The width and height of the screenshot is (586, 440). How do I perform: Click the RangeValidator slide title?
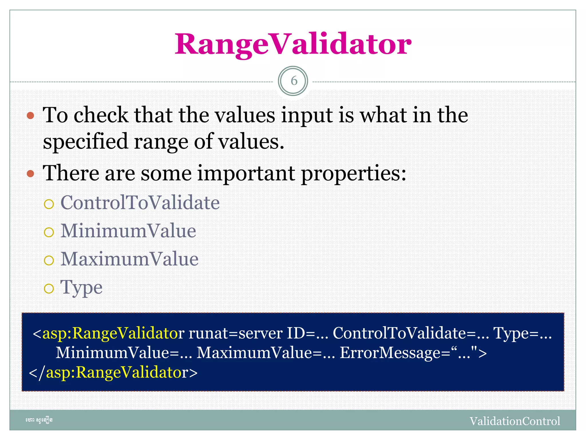[x=293, y=44]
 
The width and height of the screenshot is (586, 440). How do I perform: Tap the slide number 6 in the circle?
[x=293, y=81]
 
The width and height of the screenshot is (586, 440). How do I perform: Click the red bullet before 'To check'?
[x=30, y=116]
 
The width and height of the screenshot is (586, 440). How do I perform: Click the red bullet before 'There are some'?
[x=30, y=174]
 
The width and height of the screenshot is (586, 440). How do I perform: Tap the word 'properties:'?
[x=354, y=174]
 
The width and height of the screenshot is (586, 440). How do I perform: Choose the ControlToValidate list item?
[x=140, y=203]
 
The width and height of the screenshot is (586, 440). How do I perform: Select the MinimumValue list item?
[x=128, y=231]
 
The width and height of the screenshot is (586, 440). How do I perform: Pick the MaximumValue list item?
[x=129, y=259]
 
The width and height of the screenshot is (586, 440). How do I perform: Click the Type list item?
[x=81, y=287]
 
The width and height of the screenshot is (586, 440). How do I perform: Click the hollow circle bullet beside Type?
[x=49, y=288]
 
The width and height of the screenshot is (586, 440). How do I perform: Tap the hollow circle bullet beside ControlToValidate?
[x=49, y=204]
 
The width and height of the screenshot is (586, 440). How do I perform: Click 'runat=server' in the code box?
[x=235, y=333]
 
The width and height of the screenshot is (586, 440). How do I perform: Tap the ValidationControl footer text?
[x=514, y=421]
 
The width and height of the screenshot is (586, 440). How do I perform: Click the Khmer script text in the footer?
[x=39, y=420]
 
